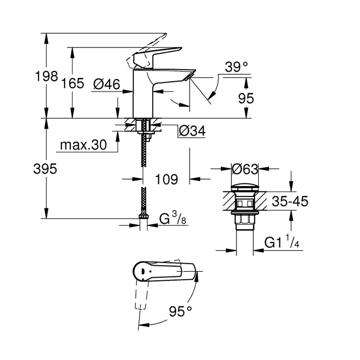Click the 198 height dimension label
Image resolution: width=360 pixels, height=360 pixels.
pos(46,76)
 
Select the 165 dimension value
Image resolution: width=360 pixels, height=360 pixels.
pos(73,83)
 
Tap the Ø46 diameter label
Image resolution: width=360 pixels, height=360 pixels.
pos(107,84)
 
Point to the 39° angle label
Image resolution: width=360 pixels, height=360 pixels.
pos(236,67)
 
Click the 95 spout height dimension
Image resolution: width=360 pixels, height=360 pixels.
pos(246,99)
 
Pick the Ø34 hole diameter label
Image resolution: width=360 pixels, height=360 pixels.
pos(192,131)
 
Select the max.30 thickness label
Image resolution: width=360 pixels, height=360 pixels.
pos(84,145)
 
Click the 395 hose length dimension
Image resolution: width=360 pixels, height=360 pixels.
pos(45,169)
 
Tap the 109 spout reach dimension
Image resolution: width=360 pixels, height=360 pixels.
pos(166,179)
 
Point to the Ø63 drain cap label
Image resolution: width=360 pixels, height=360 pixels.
pos(245,169)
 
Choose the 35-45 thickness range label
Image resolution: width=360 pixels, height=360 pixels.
pos(290,201)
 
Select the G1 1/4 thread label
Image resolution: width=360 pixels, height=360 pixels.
pos(282,242)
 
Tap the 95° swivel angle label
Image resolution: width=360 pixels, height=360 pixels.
pos(180,311)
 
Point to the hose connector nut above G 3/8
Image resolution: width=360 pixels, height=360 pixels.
pos(144,216)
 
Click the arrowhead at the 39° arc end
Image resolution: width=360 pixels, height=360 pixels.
pos(213,94)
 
